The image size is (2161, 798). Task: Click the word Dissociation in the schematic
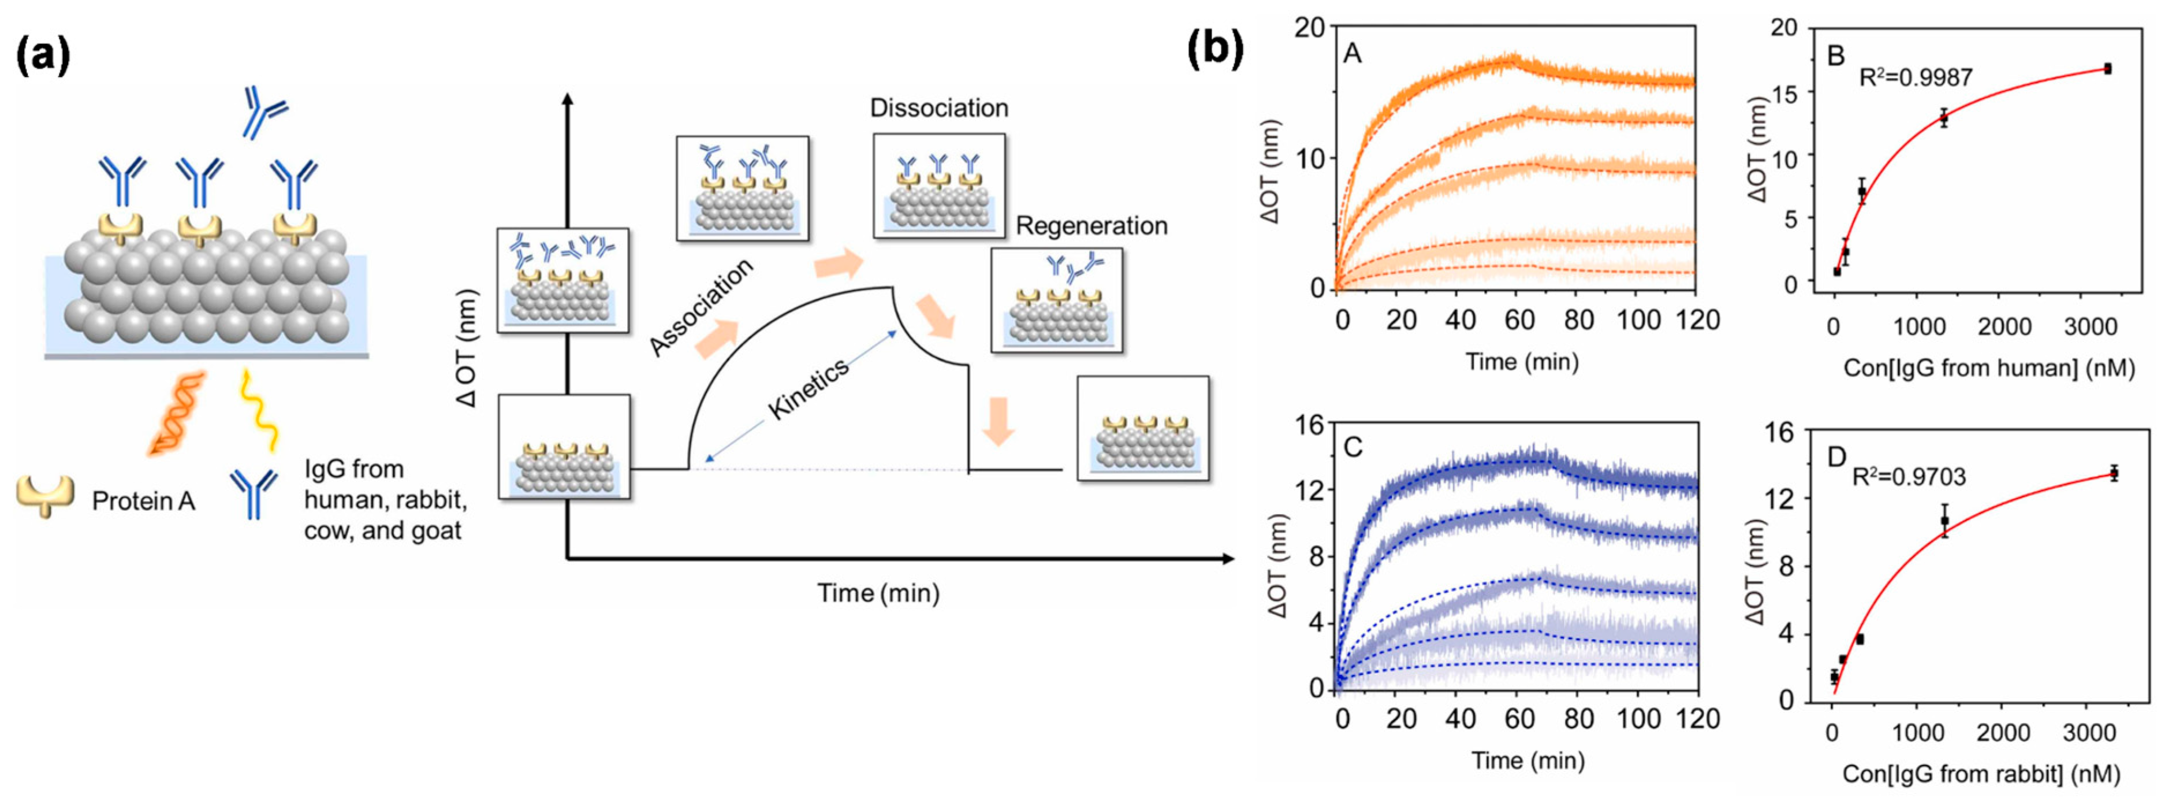point(939,108)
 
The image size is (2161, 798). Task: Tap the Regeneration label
point(1091,226)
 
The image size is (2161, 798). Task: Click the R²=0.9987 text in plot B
point(1915,78)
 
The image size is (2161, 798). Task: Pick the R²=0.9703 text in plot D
point(1909,477)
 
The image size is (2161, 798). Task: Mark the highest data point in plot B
point(2107,69)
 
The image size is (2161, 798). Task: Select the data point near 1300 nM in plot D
point(1944,521)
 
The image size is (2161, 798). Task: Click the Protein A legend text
point(143,501)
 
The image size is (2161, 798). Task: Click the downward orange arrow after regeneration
point(999,422)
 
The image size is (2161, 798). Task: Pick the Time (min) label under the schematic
point(878,593)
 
